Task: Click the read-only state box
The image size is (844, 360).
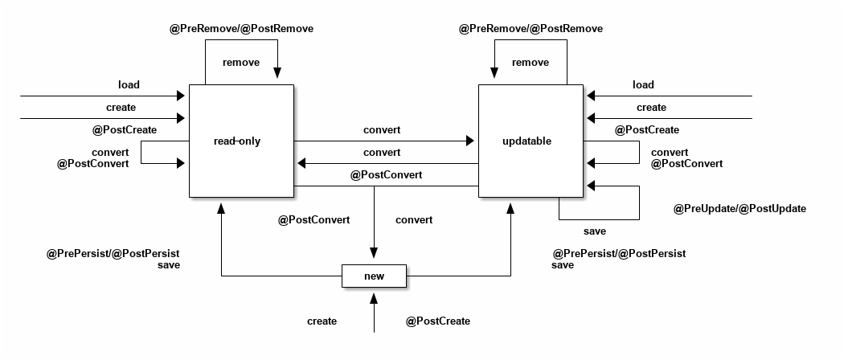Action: pos(241,141)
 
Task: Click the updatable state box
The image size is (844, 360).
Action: pos(531,141)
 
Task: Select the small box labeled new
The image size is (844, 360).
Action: pos(374,276)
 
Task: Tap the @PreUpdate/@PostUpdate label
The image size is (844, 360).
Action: pos(739,209)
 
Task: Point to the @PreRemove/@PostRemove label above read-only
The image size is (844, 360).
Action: pos(241,29)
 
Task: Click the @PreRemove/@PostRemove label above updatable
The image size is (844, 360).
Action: pos(531,29)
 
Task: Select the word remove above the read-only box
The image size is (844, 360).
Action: pos(241,63)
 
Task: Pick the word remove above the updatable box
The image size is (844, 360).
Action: pos(531,63)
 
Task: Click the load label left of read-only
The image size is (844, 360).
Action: pos(129,85)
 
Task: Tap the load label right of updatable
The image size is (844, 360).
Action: pos(643,85)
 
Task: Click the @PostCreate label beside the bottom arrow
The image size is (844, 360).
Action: pos(437,321)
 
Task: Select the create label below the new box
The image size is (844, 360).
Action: pos(322,321)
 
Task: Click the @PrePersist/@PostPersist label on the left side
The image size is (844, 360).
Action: pos(113,254)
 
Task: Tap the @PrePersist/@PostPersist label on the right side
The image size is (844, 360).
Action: pos(619,254)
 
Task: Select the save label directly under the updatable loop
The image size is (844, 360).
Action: pos(595,231)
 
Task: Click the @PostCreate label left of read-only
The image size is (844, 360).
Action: pos(125,130)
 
